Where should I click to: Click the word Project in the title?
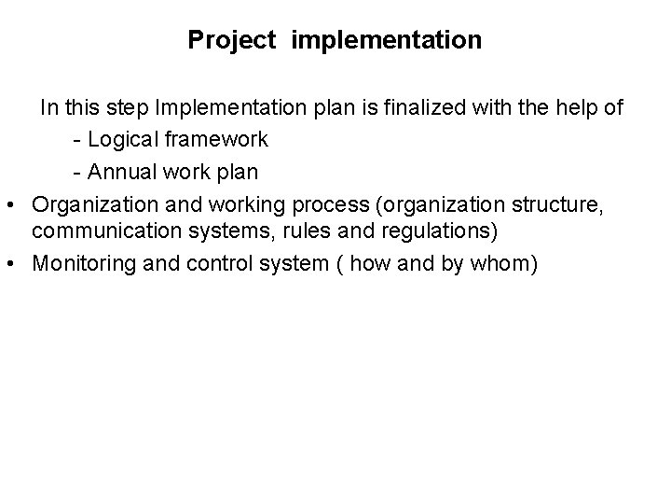232,40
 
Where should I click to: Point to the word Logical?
123,140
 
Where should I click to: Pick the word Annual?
123,172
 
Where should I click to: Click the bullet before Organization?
18,203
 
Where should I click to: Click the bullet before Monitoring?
18,264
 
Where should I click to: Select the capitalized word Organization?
89,203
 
